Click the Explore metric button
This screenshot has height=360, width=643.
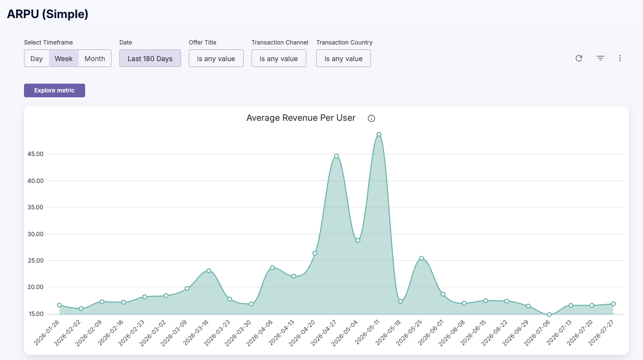(x=54, y=90)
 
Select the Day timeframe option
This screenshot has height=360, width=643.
(x=36, y=59)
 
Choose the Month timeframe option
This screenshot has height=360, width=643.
(x=95, y=59)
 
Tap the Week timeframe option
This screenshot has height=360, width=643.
(x=64, y=59)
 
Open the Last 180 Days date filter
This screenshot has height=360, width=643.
(x=150, y=59)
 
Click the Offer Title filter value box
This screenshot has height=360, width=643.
(x=216, y=59)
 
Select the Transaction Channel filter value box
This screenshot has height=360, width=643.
(x=279, y=59)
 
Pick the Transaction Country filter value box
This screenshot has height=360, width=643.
(x=344, y=59)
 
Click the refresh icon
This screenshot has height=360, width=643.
(x=579, y=58)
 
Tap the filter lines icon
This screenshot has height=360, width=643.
(x=600, y=58)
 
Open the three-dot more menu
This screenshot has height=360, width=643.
(x=620, y=58)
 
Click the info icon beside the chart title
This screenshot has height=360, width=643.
(x=371, y=118)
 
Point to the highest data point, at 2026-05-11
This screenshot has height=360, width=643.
(x=379, y=134)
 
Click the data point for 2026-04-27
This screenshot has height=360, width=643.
(x=337, y=156)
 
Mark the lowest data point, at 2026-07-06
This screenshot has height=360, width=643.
(x=549, y=315)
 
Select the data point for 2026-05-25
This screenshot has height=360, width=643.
(x=421, y=258)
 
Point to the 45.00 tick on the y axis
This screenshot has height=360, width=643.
(x=36, y=154)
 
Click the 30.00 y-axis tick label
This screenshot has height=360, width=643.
(x=36, y=234)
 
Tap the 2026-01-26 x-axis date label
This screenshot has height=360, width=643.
(x=46, y=333)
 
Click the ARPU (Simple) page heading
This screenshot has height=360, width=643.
(x=47, y=14)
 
